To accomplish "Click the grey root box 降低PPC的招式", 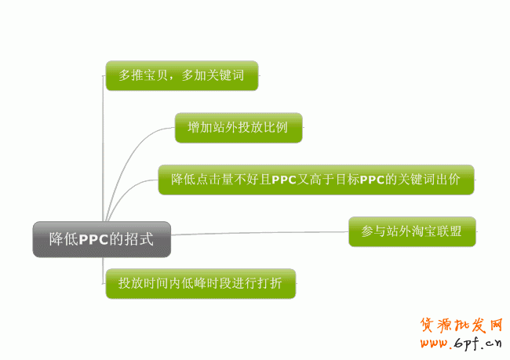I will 101,239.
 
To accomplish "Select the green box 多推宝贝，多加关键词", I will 181,76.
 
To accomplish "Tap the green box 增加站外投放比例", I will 239,127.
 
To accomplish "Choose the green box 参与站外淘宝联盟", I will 411,231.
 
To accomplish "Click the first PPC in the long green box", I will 282,180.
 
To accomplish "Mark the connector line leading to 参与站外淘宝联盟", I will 259,233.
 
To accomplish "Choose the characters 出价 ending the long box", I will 460,180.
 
